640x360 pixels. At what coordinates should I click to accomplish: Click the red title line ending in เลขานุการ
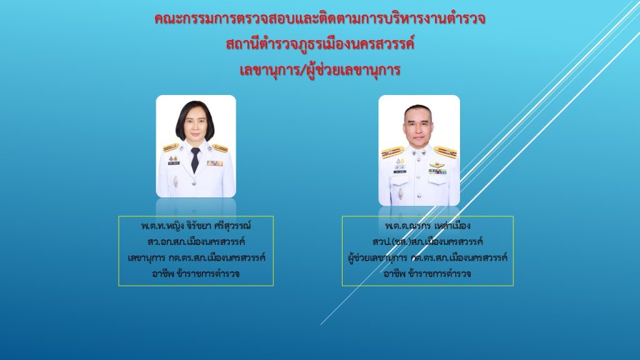[319, 70]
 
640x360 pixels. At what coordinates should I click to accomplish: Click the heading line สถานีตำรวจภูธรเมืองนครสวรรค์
[320, 44]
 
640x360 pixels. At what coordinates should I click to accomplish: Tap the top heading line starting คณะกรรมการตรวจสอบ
[320, 18]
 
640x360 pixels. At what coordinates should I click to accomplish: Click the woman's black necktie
[196, 159]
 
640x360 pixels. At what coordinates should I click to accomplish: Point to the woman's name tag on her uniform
[174, 163]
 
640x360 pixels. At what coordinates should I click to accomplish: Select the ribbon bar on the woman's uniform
[214, 163]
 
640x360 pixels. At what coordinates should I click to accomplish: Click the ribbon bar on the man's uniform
[437, 172]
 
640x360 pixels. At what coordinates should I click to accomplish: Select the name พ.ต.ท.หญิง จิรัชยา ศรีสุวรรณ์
[196, 226]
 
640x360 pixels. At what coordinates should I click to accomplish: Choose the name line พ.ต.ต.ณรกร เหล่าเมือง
[427, 226]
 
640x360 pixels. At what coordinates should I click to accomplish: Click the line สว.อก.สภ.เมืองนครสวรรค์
[196, 242]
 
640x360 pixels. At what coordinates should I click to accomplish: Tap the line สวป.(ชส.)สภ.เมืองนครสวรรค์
[427, 242]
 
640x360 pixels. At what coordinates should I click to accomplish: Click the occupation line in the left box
[196, 274]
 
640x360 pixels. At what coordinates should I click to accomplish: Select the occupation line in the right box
[427, 274]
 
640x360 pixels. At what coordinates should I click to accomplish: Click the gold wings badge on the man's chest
[437, 165]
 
